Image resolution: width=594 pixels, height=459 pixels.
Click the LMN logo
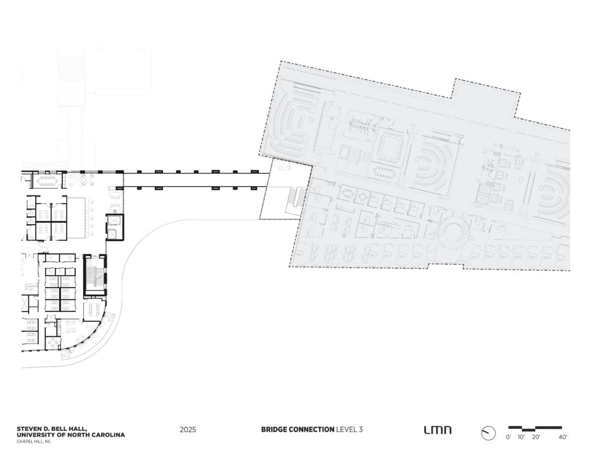[x=438, y=430]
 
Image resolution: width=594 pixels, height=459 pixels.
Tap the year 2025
[x=188, y=430]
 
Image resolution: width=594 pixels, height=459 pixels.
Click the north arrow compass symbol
[x=488, y=433]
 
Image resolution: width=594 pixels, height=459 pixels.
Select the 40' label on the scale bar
[x=562, y=437]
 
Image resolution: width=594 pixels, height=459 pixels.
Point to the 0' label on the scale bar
[x=508, y=437]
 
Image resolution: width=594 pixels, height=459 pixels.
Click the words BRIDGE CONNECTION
[x=297, y=430]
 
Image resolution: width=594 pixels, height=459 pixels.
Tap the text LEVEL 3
[x=349, y=430]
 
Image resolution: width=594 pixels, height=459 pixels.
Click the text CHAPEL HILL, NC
[x=34, y=442]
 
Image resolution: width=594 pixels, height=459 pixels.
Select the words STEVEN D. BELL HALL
[x=52, y=429]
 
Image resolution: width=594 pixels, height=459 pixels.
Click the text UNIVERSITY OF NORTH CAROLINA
[x=71, y=435]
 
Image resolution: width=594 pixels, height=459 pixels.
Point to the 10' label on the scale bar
[x=521, y=437]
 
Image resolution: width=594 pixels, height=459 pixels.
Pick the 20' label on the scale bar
[x=536, y=437]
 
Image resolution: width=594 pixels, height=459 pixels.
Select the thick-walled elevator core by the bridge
[x=115, y=227]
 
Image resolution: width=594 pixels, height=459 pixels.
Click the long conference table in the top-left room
[x=48, y=180]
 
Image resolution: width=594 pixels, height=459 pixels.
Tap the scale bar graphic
[x=535, y=428]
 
